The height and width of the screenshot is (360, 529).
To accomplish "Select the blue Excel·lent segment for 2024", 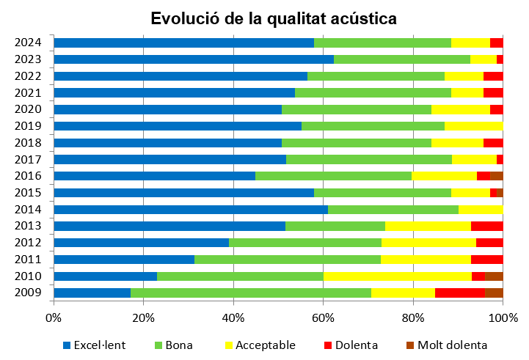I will pos(183,43).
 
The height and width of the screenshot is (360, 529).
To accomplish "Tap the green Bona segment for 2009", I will pos(251,293).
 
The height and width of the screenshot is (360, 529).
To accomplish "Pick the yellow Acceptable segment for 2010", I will pos(397,276).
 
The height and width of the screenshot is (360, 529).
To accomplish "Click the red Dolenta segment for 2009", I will pos(460,293).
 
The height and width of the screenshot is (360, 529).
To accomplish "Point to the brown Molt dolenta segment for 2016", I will pos(496,176).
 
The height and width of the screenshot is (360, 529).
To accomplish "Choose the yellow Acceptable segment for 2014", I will pos(481,209).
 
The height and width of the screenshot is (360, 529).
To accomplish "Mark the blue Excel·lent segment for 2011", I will pos(124,259).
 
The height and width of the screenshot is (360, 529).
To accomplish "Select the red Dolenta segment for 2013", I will pos(486,226).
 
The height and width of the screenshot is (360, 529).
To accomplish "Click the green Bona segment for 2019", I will pos(373,126).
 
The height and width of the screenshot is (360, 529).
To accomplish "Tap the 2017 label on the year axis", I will pos(28,159).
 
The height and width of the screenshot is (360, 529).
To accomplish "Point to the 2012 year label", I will pos(28,243).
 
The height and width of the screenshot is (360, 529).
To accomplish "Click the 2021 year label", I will pos(28,92).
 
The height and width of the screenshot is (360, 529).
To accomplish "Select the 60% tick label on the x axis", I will pos(324,317).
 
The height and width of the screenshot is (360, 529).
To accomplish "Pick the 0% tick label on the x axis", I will pos(54,317).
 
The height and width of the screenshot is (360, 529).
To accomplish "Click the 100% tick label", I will pos(503,317).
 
